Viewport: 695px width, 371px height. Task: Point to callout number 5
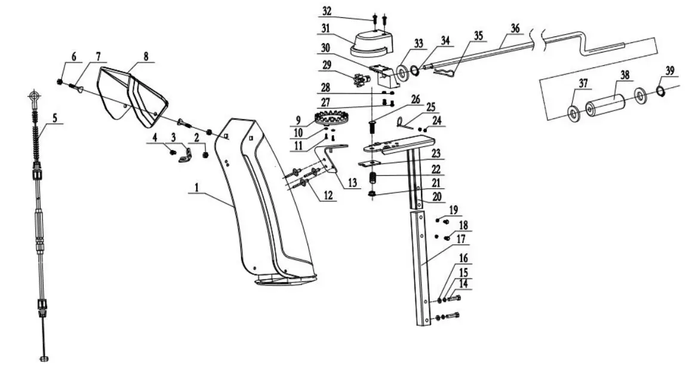[55, 118]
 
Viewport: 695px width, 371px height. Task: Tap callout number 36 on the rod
[515, 28]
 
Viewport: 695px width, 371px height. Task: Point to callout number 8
[145, 57]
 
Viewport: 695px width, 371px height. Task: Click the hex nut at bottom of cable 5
[44, 358]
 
